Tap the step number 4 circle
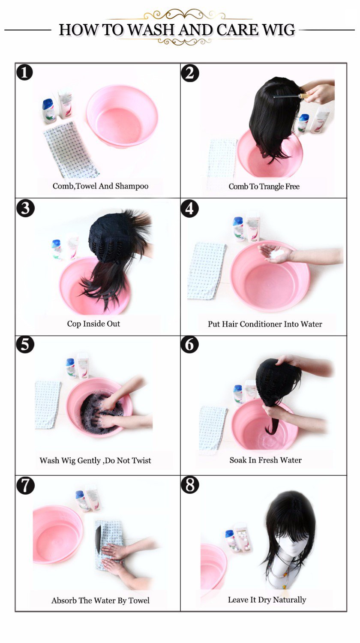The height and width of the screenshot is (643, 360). point(190,208)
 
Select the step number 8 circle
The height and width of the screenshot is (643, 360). point(190,485)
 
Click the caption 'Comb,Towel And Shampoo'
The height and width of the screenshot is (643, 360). point(100,186)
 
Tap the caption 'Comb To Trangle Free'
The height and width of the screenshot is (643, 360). point(264,186)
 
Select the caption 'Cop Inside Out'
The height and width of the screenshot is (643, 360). point(93,324)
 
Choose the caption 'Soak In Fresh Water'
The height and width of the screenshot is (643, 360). point(265,460)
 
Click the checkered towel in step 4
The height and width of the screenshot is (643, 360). point(206,270)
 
